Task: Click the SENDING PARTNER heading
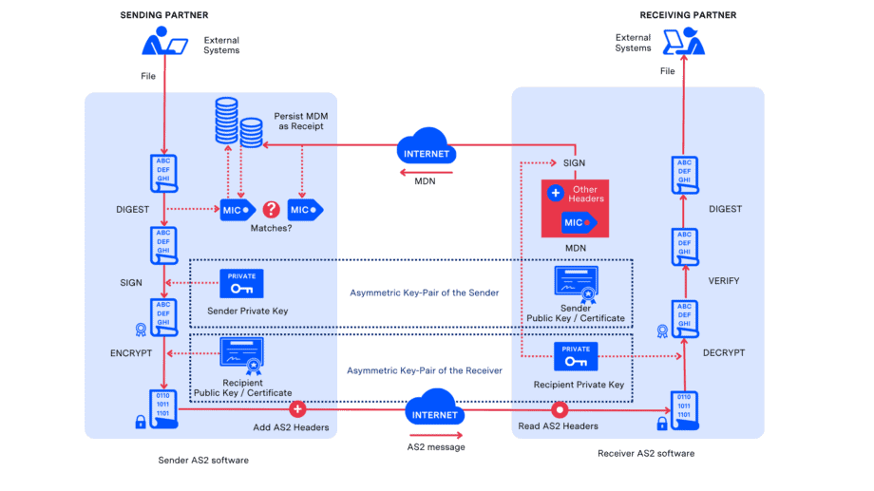pyautogui.click(x=163, y=15)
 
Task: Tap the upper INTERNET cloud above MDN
pyautogui.click(x=426, y=150)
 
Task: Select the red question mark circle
pyautogui.click(x=272, y=209)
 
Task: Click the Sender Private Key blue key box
pyautogui.click(x=241, y=284)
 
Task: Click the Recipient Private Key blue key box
pyautogui.click(x=576, y=356)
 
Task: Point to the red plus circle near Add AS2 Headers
pyautogui.click(x=297, y=409)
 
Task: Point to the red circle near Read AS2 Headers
pyautogui.click(x=560, y=409)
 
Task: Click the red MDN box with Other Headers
pyautogui.click(x=576, y=208)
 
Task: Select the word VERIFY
pyautogui.click(x=724, y=281)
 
